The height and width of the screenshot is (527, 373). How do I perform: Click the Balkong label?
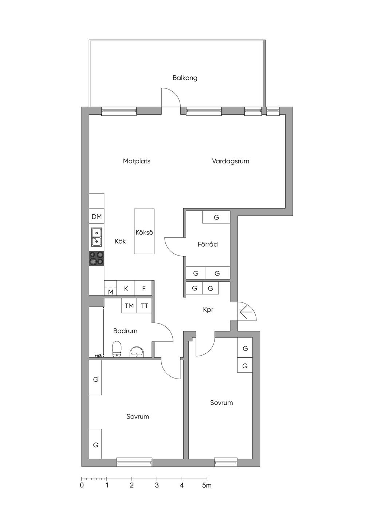(x=185, y=78)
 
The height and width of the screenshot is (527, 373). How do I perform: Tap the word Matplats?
(x=137, y=161)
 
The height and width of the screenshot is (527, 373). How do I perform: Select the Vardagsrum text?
(x=231, y=161)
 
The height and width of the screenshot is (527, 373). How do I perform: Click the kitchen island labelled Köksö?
(x=144, y=231)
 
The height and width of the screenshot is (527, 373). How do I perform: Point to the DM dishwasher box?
(x=97, y=217)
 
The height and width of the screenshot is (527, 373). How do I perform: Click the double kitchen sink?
(x=97, y=237)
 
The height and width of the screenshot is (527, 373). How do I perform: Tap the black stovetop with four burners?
(x=97, y=258)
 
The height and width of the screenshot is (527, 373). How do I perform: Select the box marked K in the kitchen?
(x=126, y=288)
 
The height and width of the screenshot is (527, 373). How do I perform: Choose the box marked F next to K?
(x=143, y=288)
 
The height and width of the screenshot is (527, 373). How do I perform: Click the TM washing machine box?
(x=129, y=306)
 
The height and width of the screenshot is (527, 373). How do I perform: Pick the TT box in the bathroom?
(x=144, y=306)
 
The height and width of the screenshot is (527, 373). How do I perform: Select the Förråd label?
(x=208, y=244)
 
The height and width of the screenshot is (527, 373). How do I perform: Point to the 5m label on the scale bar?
(x=207, y=486)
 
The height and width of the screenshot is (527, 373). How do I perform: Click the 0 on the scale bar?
(x=82, y=486)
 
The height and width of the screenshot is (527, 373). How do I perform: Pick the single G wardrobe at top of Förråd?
(x=216, y=217)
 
